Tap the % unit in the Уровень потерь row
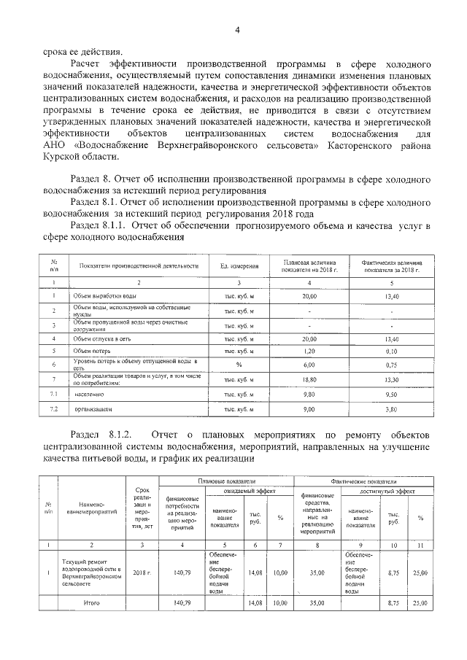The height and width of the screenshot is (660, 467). click(239, 364)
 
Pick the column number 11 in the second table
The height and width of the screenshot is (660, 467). click(420, 544)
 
